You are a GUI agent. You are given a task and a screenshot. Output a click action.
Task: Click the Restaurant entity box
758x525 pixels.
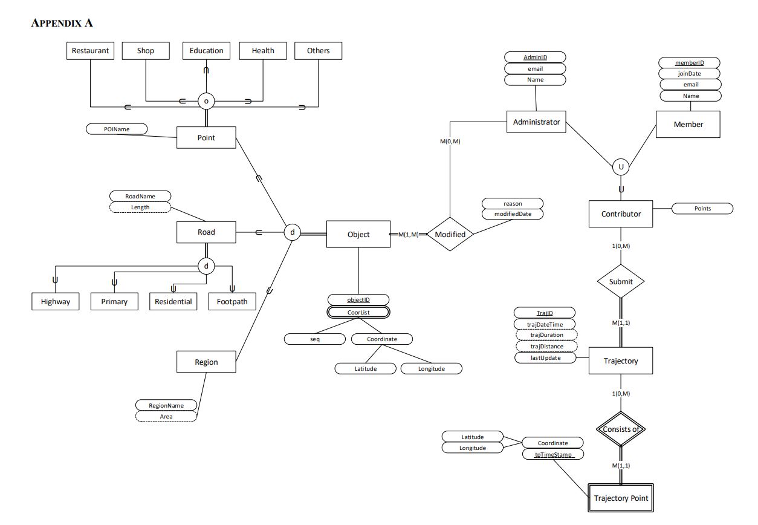coord(90,51)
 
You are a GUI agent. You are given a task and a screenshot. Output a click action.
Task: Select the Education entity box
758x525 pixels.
coord(206,51)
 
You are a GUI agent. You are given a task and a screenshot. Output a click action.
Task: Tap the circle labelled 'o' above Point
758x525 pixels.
coord(206,101)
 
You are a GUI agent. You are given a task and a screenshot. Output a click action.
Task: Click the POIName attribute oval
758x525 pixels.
coord(117,129)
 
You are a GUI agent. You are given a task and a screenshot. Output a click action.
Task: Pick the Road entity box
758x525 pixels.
coord(206,232)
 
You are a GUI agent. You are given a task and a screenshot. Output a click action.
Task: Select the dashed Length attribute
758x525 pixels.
coord(140,207)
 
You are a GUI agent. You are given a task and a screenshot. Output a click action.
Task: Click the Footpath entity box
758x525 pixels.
coord(232,301)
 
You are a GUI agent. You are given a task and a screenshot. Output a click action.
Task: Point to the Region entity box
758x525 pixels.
coord(206,362)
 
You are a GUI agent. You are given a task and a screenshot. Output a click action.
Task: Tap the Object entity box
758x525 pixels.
coord(358,234)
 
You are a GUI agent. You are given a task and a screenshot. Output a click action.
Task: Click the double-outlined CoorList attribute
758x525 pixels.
coord(359,312)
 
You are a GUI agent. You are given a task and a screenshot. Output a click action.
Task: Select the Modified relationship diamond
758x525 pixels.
coord(450,234)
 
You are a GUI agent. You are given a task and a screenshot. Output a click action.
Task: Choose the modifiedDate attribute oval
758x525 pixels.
coord(513,214)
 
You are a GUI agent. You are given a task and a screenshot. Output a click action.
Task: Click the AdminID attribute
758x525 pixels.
coord(535,57)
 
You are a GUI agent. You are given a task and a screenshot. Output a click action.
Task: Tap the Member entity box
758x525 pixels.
coord(688,124)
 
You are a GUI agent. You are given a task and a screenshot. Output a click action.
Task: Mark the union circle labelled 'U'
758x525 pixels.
coord(620,166)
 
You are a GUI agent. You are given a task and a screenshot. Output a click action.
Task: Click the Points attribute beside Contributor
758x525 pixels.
coord(702,209)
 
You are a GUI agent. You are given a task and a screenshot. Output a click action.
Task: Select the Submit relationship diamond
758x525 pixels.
coord(621,281)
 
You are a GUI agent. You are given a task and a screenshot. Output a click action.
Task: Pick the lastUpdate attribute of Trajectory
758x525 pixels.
coord(546,357)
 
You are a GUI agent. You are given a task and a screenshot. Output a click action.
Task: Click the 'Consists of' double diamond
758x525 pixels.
coord(621,429)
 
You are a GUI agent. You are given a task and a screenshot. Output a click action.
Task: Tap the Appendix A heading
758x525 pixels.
coord(61,23)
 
